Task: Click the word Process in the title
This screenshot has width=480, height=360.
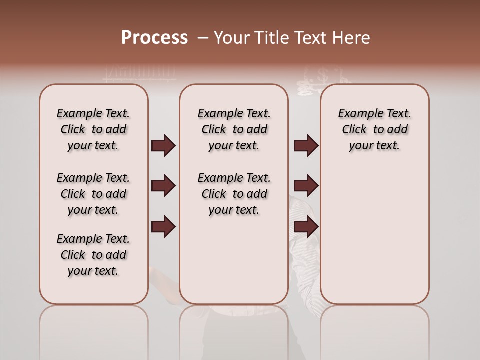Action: [x=154, y=38]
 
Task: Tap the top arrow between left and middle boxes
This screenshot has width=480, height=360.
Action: [x=163, y=145]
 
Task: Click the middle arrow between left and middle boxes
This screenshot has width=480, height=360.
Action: [x=163, y=186]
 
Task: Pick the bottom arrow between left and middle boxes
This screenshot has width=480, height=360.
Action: [x=163, y=227]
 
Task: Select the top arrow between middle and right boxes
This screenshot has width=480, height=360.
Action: [x=306, y=145]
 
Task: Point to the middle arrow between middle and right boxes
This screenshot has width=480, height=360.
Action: [x=306, y=186]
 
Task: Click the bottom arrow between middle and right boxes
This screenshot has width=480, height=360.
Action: [x=306, y=227]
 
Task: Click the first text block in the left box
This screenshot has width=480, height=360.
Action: [x=93, y=129]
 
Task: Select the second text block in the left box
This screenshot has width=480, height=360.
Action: [x=93, y=194]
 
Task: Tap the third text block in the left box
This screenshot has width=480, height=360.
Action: [x=93, y=255]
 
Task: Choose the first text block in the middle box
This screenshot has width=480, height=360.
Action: [x=234, y=129]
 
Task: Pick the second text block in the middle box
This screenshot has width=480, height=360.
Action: [x=234, y=194]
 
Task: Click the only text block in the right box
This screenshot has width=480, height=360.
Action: [x=374, y=129]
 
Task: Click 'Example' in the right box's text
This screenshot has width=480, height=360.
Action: [x=357, y=114]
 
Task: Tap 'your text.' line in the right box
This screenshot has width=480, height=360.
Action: [x=374, y=145]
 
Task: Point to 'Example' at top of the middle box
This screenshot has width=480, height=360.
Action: [x=216, y=114]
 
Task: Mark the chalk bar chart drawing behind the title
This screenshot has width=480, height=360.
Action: [x=140, y=73]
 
